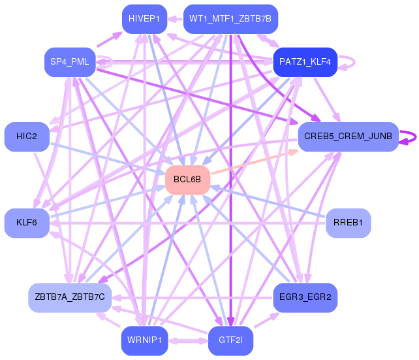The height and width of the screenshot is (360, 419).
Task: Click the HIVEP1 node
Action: click(144, 18)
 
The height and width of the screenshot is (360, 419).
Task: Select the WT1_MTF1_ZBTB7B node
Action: click(231, 18)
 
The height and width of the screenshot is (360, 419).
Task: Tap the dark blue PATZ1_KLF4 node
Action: click(305, 62)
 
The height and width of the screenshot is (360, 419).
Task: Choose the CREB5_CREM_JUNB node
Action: click(348, 137)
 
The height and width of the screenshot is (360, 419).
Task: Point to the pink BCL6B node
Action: click(187, 179)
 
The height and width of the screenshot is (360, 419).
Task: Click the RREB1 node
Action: click(348, 223)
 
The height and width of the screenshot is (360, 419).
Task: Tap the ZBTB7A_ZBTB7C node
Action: click(70, 297)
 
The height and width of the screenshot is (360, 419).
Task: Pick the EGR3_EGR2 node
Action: click(304, 297)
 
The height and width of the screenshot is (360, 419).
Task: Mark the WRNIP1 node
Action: click(144, 340)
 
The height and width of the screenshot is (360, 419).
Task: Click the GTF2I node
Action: click(230, 340)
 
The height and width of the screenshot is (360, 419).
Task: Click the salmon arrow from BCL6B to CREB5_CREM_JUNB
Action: click(255, 161)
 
